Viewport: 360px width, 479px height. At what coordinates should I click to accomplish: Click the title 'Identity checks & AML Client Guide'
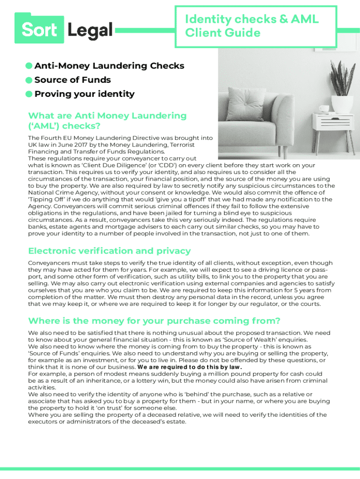[252, 26]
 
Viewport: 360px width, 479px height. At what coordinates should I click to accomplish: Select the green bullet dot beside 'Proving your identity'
[29, 94]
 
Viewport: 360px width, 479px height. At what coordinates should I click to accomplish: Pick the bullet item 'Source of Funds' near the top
[72, 80]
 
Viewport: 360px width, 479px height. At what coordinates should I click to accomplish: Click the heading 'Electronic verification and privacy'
[109, 251]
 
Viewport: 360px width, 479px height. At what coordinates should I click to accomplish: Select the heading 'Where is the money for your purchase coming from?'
[154, 320]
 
